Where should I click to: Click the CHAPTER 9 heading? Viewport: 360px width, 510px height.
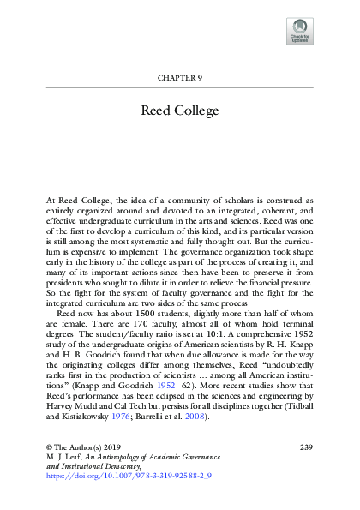tap(179, 78)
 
